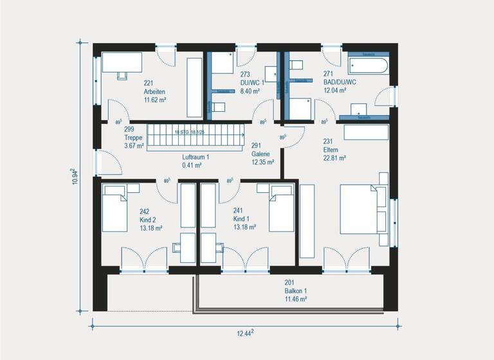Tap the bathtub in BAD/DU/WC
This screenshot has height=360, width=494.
coord(367,65)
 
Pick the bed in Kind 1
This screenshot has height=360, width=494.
coord(280,208)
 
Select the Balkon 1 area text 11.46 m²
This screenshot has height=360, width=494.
coord(296,299)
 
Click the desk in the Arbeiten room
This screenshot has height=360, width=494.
coord(122,63)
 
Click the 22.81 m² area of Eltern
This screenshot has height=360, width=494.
coord(334,157)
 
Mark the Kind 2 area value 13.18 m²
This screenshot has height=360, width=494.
coord(151,228)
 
